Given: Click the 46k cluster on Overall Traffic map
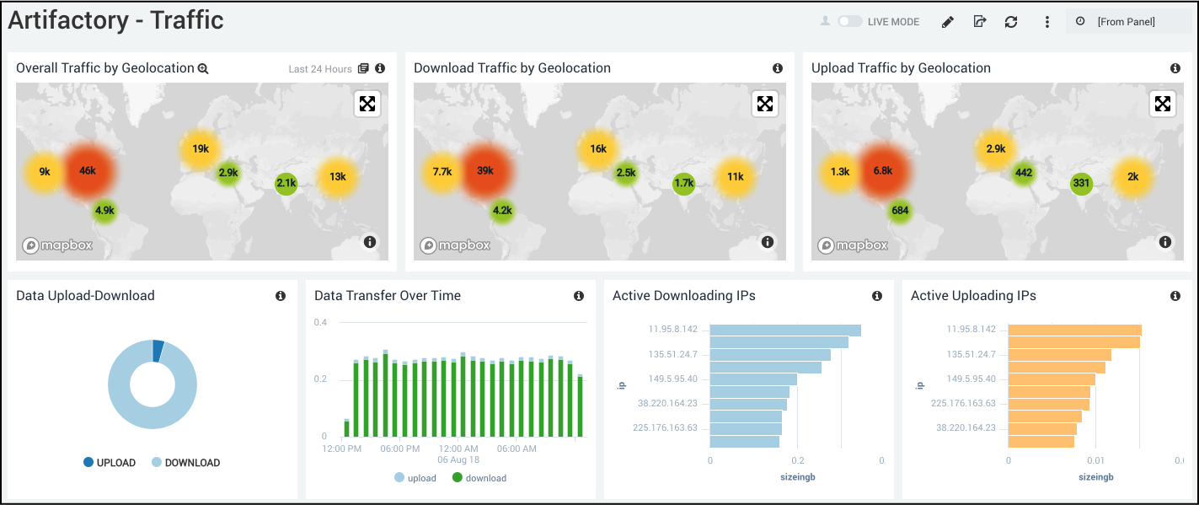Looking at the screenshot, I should (88, 170).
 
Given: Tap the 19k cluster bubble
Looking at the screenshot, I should (201, 149).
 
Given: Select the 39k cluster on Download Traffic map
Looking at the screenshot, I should (485, 170).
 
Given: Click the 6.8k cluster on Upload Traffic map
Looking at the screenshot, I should (883, 170).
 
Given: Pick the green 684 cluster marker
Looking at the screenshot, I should (900, 210).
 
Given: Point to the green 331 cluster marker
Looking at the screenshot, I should (1081, 184).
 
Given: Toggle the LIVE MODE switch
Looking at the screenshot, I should (849, 21).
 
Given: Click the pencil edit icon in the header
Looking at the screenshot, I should (948, 22).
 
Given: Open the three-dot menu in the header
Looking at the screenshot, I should (1047, 22).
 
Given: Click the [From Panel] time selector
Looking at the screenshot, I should (1127, 22).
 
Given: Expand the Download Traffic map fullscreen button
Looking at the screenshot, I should (765, 104).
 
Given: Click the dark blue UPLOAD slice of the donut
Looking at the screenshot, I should (158, 351).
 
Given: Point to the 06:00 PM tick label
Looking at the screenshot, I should (400, 449).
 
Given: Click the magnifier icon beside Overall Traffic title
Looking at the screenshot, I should (203, 68).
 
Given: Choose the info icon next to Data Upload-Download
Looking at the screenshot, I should (281, 296).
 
